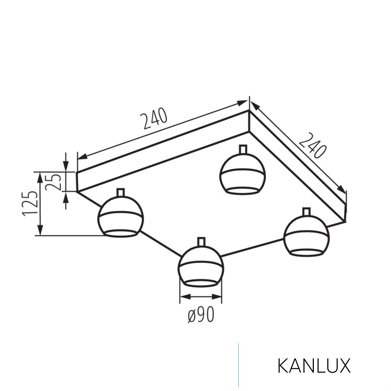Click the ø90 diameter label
[201, 315]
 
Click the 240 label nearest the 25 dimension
[155, 119]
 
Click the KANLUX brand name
[313, 366]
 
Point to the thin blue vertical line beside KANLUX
[239, 365]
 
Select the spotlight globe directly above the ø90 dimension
[200, 266]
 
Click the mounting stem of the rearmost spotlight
[242, 150]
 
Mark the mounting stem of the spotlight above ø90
[201, 242]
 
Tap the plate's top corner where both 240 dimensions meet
[249, 110]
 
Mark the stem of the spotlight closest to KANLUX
[306, 212]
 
